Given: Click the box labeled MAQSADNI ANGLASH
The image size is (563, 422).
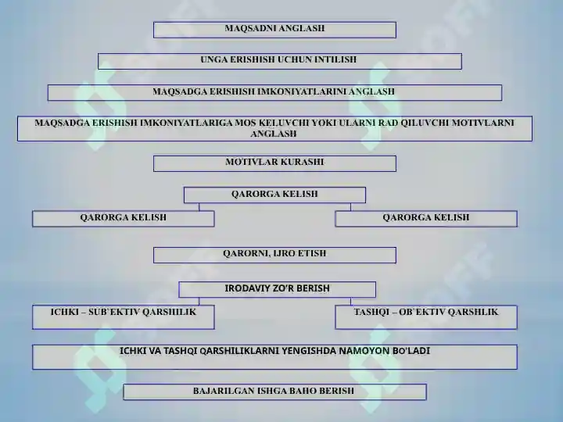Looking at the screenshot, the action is (274, 30).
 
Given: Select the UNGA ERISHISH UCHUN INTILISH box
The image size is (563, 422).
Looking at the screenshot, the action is (280, 62).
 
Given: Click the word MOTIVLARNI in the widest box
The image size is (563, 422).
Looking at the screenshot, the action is (483, 123).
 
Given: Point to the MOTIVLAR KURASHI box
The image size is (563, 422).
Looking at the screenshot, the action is (274, 163).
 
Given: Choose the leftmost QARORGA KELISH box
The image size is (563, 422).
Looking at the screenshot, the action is (124, 219).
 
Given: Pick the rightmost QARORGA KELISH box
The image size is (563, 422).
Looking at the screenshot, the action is (426, 219).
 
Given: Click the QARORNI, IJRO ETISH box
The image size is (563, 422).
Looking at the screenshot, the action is (274, 255).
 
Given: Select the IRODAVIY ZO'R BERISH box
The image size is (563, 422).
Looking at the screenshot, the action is (277, 290).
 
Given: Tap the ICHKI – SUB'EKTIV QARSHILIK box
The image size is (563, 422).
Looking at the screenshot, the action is (124, 317).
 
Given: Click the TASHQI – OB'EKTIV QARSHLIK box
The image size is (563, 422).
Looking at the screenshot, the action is (426, 317).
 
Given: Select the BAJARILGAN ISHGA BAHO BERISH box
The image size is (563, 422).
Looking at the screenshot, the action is (274, 392).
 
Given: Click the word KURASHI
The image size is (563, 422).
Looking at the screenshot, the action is (303, 163).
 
